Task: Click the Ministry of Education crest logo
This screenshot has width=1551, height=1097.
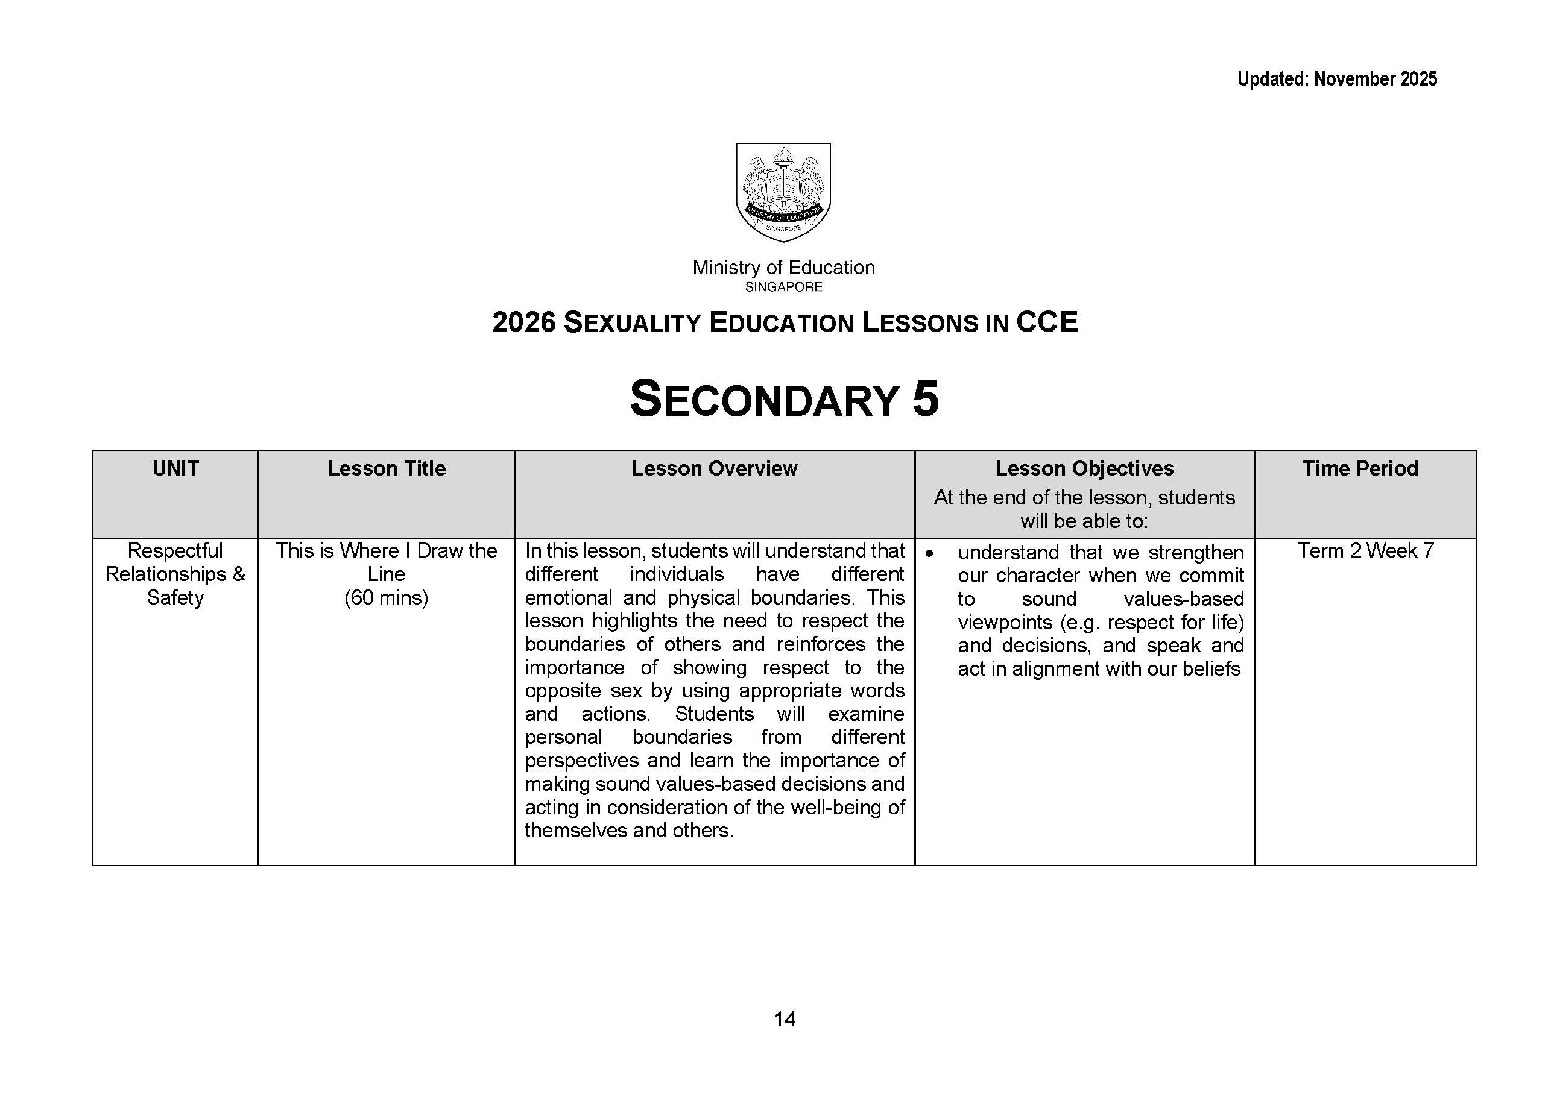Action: click(783, 192)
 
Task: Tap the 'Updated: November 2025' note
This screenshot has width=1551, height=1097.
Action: click(1336, 80)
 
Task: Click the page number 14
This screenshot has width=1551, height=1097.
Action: click(784, 1019)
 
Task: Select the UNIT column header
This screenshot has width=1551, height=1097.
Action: click(175, 469)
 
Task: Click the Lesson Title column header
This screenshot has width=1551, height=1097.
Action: click(387, 469)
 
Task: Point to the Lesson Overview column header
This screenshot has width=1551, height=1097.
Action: click(715, 469)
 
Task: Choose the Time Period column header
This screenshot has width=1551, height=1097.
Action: click(1360, 469)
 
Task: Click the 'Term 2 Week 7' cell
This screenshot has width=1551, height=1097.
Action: click(1365, 551)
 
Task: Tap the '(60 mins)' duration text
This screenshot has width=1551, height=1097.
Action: click(386, 598)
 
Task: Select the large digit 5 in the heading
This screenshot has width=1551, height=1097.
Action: click(925, 398)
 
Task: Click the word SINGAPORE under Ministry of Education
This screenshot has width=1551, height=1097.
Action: click(783, 287)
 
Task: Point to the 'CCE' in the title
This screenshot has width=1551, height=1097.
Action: click(1046, 322)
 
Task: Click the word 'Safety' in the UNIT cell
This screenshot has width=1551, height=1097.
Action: click(175, 598)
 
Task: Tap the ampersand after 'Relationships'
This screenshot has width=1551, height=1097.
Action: click(239, 574)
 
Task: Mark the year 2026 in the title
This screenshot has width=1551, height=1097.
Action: click(524, 323)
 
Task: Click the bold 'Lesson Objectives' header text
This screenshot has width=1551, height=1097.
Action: click(1084, 469)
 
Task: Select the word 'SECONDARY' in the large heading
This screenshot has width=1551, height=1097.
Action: click(763, 399)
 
